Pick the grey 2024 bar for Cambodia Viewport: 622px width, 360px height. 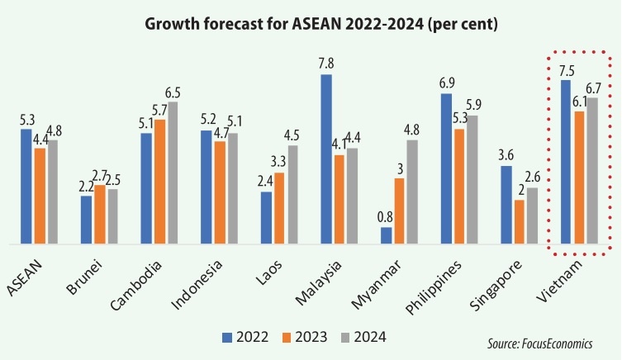pos(173,173)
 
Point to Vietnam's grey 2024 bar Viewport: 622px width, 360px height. pos(591,171)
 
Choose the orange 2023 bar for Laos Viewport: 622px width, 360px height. pos(279,208)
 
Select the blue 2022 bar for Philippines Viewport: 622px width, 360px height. pos(446,169)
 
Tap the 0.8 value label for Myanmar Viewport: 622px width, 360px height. pos(386,217)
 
